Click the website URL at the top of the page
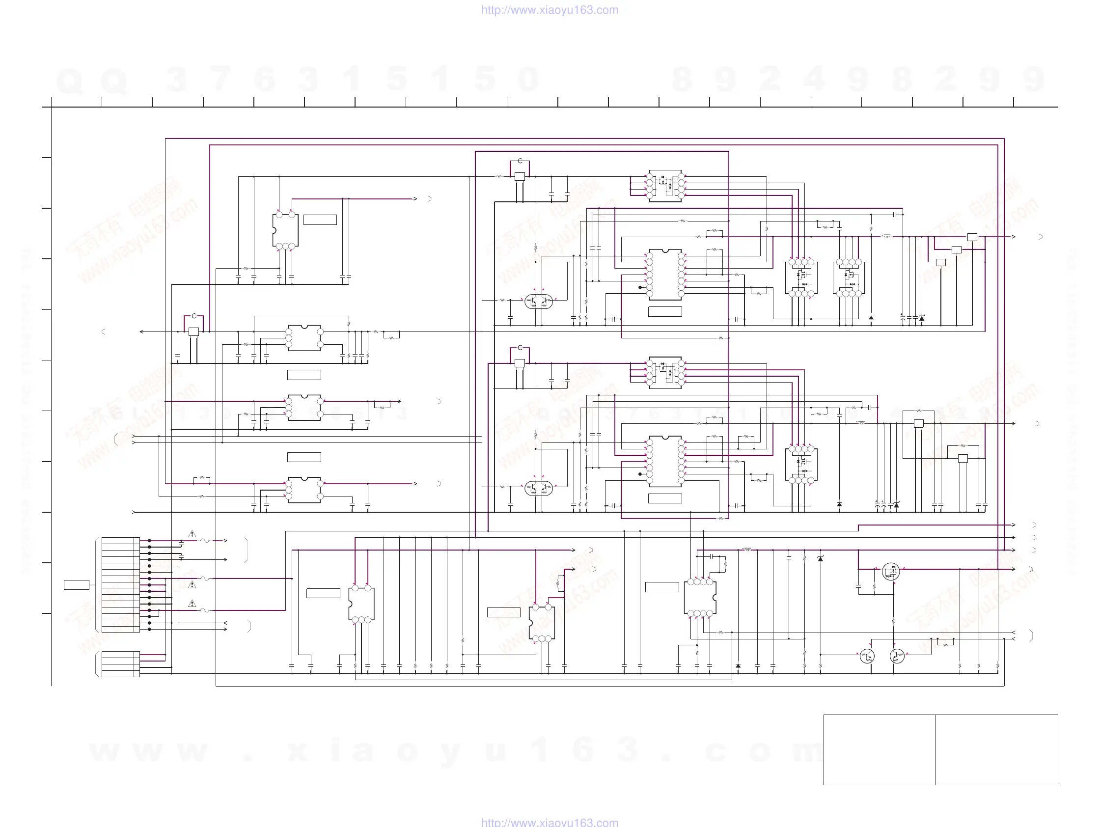[x=550, y=10]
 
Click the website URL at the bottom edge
[x=550, y=822]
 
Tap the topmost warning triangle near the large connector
[x=192, y=534]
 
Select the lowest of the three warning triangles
[x=192, y=604]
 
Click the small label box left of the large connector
[x=77, y=585]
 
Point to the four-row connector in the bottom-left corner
[x=120, y=664]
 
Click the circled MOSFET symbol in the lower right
[x=891, y=572]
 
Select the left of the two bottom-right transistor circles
[x=867, y=657]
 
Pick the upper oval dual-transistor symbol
[x=539, y=301]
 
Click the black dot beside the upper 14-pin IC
[x=640, y=287]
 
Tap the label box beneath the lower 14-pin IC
[x=665, y=498]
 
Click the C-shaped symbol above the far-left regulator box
[x=194, y=316]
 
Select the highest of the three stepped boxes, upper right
[x=972, y=237]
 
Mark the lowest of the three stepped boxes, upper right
[x=940, y=263]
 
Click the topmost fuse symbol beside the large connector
[x=205, y=541]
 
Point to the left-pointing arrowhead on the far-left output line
[x=142, y=331]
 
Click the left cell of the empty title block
[x=879, y=749]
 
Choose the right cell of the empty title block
[x=996, y=749]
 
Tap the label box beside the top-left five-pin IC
[x=320, y=220]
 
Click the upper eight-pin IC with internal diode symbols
[x=665, y=186]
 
